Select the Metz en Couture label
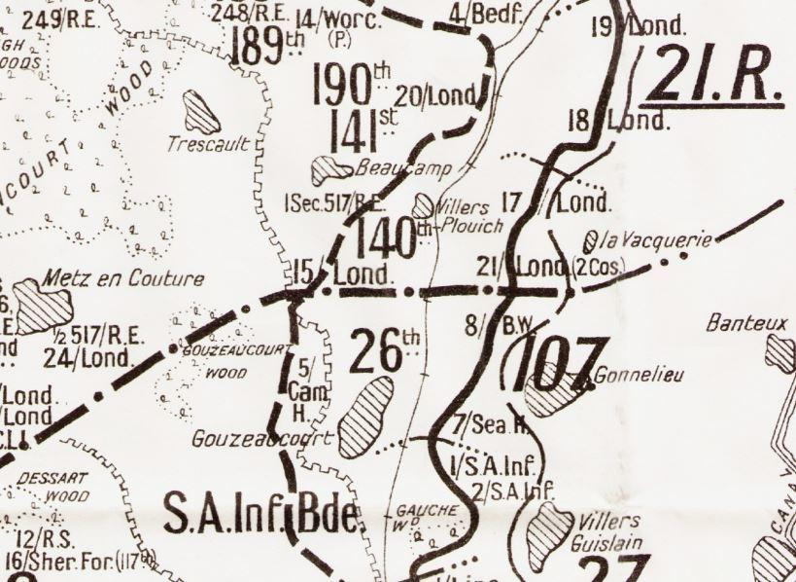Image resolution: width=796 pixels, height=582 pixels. [123, 279]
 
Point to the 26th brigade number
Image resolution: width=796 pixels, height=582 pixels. [385, 352]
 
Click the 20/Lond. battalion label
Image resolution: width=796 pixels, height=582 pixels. [439, 95]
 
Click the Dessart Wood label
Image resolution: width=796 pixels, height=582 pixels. [47, 488]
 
